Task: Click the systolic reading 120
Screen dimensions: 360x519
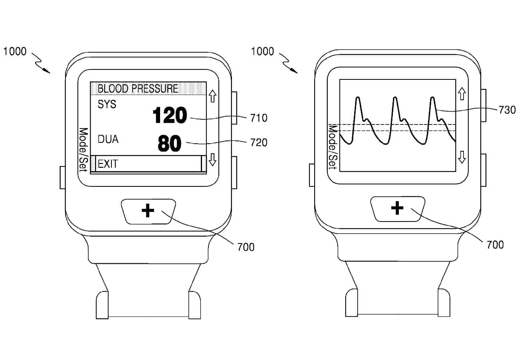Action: point(170,116)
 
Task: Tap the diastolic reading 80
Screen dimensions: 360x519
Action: point(170,144)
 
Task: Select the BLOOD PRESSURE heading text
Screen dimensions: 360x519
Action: point(138,88)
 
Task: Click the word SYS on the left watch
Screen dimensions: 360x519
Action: point(107,104)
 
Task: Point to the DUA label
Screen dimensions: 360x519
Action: point(108,139)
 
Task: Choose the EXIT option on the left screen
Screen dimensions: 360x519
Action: point(108,164)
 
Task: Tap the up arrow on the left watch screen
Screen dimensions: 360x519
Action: point(212,95)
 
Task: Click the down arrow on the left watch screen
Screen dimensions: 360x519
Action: point(212,160)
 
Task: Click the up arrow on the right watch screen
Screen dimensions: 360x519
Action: point(462,94)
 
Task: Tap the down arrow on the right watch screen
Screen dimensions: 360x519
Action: point(462,157)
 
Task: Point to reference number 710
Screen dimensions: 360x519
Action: point(259,118)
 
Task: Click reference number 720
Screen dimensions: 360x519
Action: point(259,142)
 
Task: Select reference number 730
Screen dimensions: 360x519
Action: point(507,110)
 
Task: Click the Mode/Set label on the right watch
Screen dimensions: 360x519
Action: point(332,147)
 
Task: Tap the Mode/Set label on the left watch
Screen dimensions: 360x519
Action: point(83,150)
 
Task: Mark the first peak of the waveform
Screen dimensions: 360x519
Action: point(358,98)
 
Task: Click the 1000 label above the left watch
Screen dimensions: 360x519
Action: point(15,51)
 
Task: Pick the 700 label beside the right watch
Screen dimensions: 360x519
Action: point(495,244)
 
